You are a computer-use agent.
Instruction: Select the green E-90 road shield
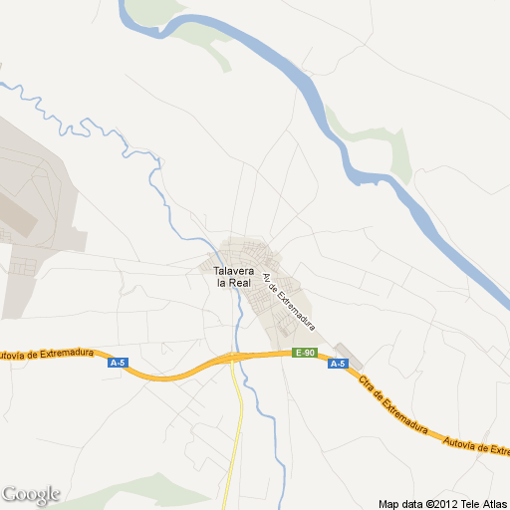(304, 354)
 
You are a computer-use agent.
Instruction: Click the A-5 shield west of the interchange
(118, 363)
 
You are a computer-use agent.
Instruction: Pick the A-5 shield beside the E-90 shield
(337, 363)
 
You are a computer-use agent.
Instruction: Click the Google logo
(31, 494)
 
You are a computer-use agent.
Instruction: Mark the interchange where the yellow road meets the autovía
(232, 357)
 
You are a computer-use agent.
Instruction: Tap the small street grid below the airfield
(25, 267)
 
